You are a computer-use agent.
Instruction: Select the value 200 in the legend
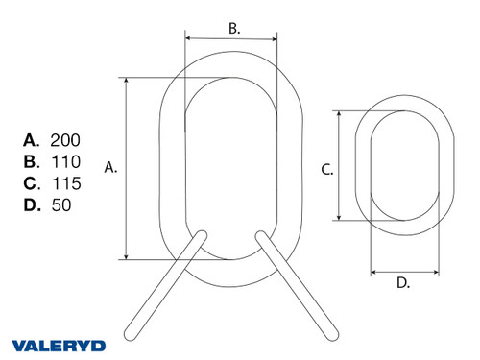(x=66, y=140)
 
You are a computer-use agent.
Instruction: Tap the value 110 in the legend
(x=65, y=161)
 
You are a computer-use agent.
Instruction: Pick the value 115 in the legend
(x=65, y=182)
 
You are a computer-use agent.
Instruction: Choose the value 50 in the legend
(x=60, y=204)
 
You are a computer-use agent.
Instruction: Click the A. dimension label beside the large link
(x=110, y=167)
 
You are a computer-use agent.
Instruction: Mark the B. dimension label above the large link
(x=233, y=29)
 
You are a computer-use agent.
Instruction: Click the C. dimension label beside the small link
(x=326, y=170)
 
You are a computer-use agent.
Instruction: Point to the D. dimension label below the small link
(x=403, y=282)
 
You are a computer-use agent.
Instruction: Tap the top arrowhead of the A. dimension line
(x=126, y=81)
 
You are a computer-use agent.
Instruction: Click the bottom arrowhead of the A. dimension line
(x=126, y=255)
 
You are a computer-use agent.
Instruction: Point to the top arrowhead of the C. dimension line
(x=339, y=113)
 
